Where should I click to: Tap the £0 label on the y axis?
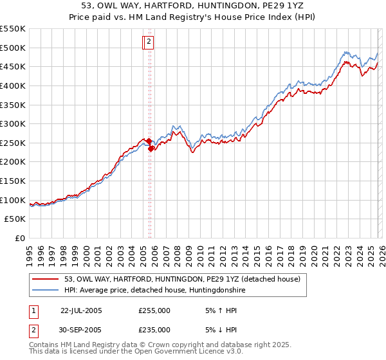19,239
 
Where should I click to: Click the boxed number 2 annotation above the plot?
149,42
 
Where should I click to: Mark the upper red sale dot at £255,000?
149,141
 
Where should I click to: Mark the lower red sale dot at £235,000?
151,148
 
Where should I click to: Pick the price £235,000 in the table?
154,330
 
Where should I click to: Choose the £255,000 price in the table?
154,310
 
